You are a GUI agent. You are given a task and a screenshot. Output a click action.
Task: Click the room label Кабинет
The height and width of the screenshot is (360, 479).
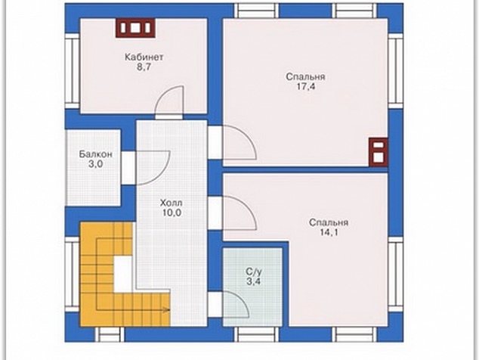(144, 57)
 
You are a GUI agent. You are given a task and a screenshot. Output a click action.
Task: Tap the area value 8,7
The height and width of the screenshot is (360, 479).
(144, 67)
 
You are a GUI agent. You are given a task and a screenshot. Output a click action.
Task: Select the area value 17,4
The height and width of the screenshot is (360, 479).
(305, 87)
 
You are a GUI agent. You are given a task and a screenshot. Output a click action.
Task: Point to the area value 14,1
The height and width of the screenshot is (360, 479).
(329, 232)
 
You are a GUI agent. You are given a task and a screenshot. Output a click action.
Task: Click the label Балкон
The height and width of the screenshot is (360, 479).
(96, 154)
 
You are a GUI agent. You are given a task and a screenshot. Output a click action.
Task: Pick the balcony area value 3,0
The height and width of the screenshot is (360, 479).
(96, 164)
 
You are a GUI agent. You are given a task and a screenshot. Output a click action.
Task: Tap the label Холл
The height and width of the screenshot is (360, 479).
(172, 203)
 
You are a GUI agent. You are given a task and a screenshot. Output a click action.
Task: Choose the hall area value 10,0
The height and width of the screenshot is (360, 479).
(172, 213)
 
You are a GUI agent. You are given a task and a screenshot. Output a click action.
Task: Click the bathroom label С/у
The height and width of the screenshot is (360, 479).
(254, 272)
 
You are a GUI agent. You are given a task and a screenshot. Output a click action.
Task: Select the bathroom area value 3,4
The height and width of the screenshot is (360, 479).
(254, 281)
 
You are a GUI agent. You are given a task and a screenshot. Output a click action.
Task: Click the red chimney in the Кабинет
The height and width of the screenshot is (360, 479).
(135, 28)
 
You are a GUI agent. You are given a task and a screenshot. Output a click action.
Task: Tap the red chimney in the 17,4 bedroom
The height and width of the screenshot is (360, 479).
(379, 152)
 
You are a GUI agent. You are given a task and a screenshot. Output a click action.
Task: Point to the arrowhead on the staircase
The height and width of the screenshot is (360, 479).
(167, 310)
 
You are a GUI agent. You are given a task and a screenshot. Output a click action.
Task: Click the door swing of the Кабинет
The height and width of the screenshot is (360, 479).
(170, 101)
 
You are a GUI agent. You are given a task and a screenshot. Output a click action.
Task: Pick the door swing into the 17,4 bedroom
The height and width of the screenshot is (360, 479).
(239, 142)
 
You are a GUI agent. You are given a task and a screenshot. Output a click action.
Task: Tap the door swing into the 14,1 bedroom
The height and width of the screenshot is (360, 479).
(239, 213)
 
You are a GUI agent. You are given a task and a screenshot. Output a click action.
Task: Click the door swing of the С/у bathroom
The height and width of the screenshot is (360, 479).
(236, 304)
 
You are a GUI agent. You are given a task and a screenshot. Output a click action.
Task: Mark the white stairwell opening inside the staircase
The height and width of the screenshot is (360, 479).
(123, 274)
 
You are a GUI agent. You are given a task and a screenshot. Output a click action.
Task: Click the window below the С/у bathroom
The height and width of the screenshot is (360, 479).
(257, 334)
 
